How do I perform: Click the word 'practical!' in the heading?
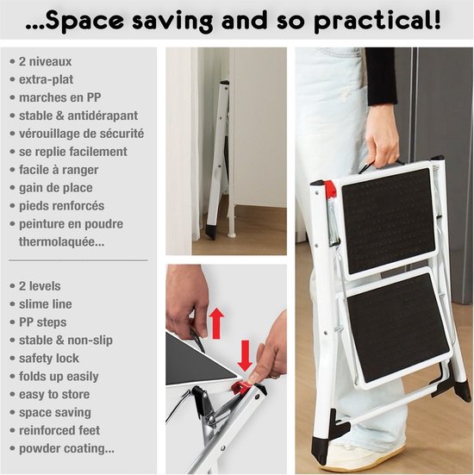(x=377, y=22)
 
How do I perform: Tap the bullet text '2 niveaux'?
(x=46, y=61)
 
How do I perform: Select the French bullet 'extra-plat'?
(x=46, y=79)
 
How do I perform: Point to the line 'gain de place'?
(x=56, y=188)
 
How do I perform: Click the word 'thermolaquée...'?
(x=61, y=241)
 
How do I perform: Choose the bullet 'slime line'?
(x=46, y=304)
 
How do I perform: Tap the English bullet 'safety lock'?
(x=49, y=359)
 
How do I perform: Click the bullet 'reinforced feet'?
(x=59, y=430)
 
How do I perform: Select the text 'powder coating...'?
(x=66, y=448)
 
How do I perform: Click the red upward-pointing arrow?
(x=217, y=323)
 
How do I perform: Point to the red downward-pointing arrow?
(x=245, y=356)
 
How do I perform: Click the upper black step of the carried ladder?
(x=389, y=221)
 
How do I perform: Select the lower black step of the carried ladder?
(x=398, y=327)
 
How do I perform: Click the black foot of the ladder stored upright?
(x=212, y=231)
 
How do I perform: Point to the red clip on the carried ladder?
(x=329, y=188)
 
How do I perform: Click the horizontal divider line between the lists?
(x=78, y=260)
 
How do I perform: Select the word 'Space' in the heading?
(x=84, y=22)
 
